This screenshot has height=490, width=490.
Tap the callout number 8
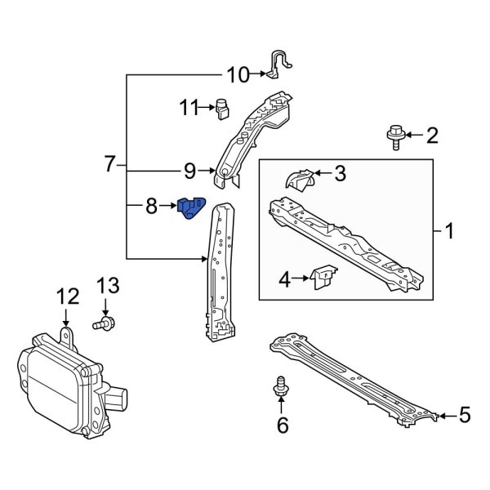click(x=150, y=207)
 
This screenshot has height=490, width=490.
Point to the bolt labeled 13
click(x=103, y=326)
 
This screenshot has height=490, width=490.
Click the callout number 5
click(x=464, y=416)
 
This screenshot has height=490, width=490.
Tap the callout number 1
click(x=448, y=232)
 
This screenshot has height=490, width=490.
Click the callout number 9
click(x=189, y=171)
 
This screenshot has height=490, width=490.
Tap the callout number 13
click(x=109, y=286)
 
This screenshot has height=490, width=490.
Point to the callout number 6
click(x=282, y=425)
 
